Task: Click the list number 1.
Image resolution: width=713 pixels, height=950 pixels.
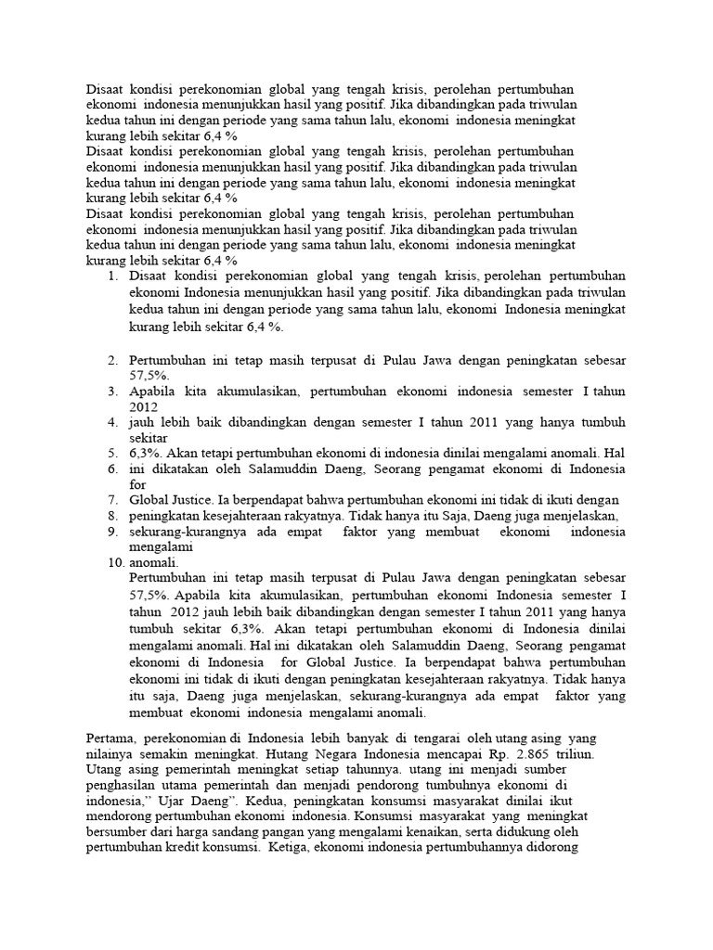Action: pos(111,276)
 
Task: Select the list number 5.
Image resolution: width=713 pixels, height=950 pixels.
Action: pos(111,454)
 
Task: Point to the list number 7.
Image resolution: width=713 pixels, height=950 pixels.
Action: pos(111,499)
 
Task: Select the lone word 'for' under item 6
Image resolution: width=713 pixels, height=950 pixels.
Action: pos(137,484)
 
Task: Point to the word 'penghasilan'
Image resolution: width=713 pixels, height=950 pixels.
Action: pos(123,785)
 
